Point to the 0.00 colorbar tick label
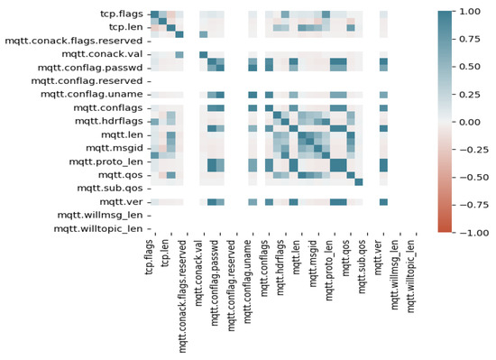click(x=471, y=121)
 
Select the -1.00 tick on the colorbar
click(x=471, y=232)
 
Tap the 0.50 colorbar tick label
click(x=471, y=66)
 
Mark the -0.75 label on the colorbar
click(x=471, y=205)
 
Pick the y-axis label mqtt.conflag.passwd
click(x=88, y=69)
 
